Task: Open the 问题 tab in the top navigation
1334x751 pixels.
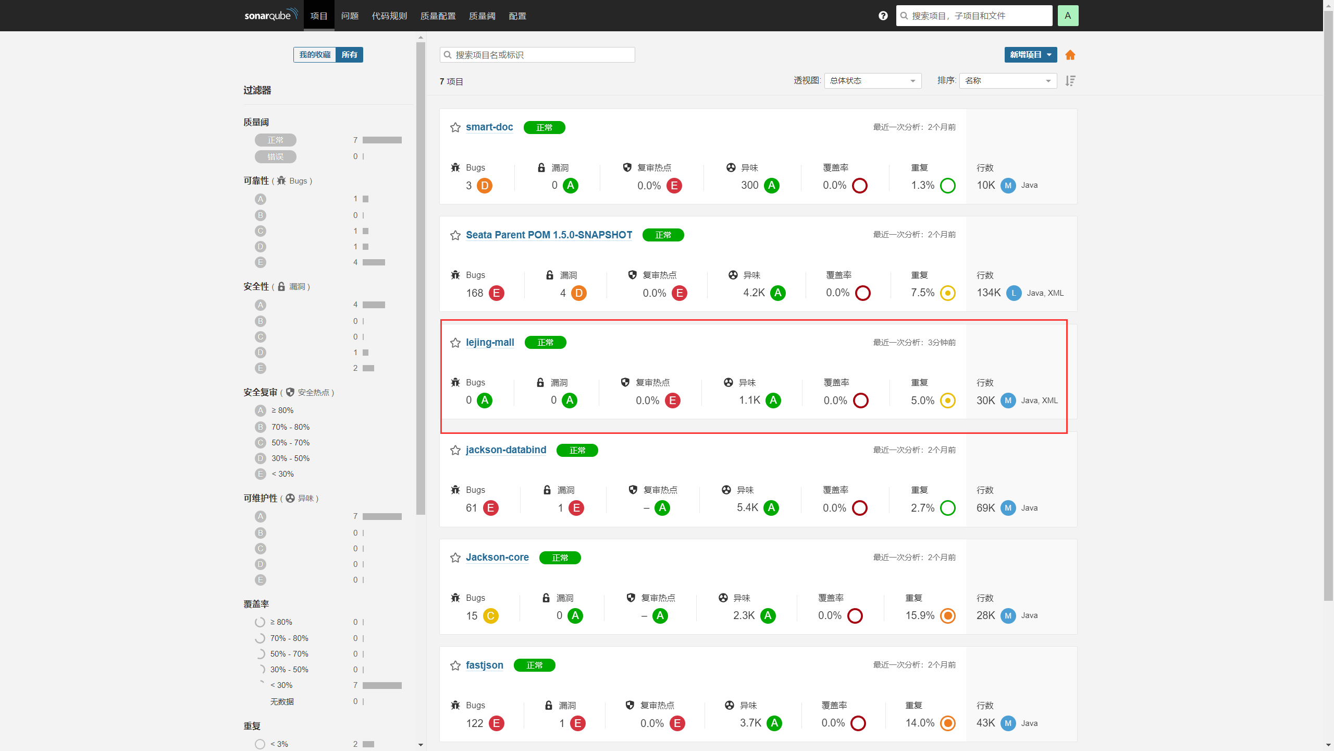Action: (350, 16)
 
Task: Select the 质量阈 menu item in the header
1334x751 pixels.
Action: (482, 16)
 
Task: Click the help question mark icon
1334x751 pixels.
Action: (883, 16)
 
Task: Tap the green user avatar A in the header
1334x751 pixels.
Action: (1068, 16)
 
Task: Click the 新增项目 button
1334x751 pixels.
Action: (1031, 55)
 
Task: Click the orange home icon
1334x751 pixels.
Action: (1070, 55)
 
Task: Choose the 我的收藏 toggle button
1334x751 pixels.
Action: (315, 55)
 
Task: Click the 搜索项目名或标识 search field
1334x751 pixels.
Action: (537, 55)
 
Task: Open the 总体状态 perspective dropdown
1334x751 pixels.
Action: (873, 81)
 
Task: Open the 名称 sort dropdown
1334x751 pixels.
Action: (1008, 81)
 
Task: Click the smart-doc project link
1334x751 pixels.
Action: (489, 127)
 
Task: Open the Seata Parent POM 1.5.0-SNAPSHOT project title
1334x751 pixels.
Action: (549, 235)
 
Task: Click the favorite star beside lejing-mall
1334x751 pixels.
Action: (455, 343)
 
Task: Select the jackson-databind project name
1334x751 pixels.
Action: (506, 450)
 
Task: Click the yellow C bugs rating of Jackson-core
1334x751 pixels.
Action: (490, 616)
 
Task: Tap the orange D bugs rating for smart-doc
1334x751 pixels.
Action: (485, 186)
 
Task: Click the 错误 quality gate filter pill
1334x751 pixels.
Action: (276, 156)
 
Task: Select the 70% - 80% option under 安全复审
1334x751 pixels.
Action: (290, 427)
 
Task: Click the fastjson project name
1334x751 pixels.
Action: (485, 665)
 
